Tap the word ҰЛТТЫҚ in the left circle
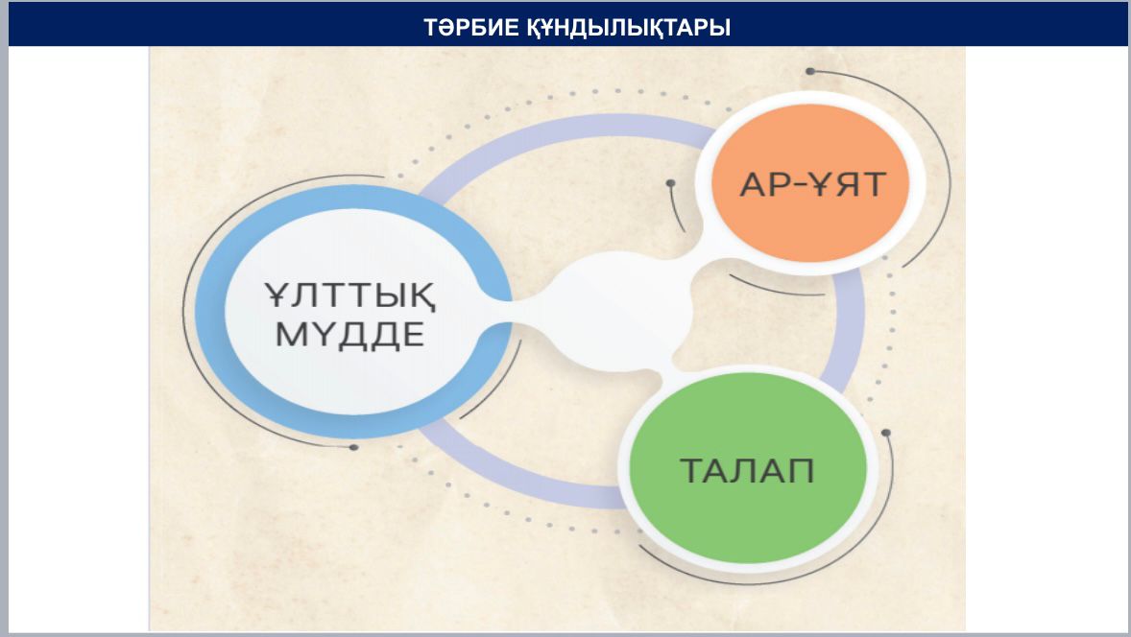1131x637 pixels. (x=349, y=295)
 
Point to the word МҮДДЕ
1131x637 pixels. (x=349, y=335)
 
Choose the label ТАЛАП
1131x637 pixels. (x=747, y=470)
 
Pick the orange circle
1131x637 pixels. (x=810, y=183)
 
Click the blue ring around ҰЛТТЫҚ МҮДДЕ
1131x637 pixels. (x=211, y=311)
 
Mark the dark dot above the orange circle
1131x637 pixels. (x=810, y=71)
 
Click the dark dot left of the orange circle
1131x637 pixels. (x=671, y=184)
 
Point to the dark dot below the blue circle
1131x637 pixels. (x=353, y=447)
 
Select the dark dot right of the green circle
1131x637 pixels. (x=886, y=433)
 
